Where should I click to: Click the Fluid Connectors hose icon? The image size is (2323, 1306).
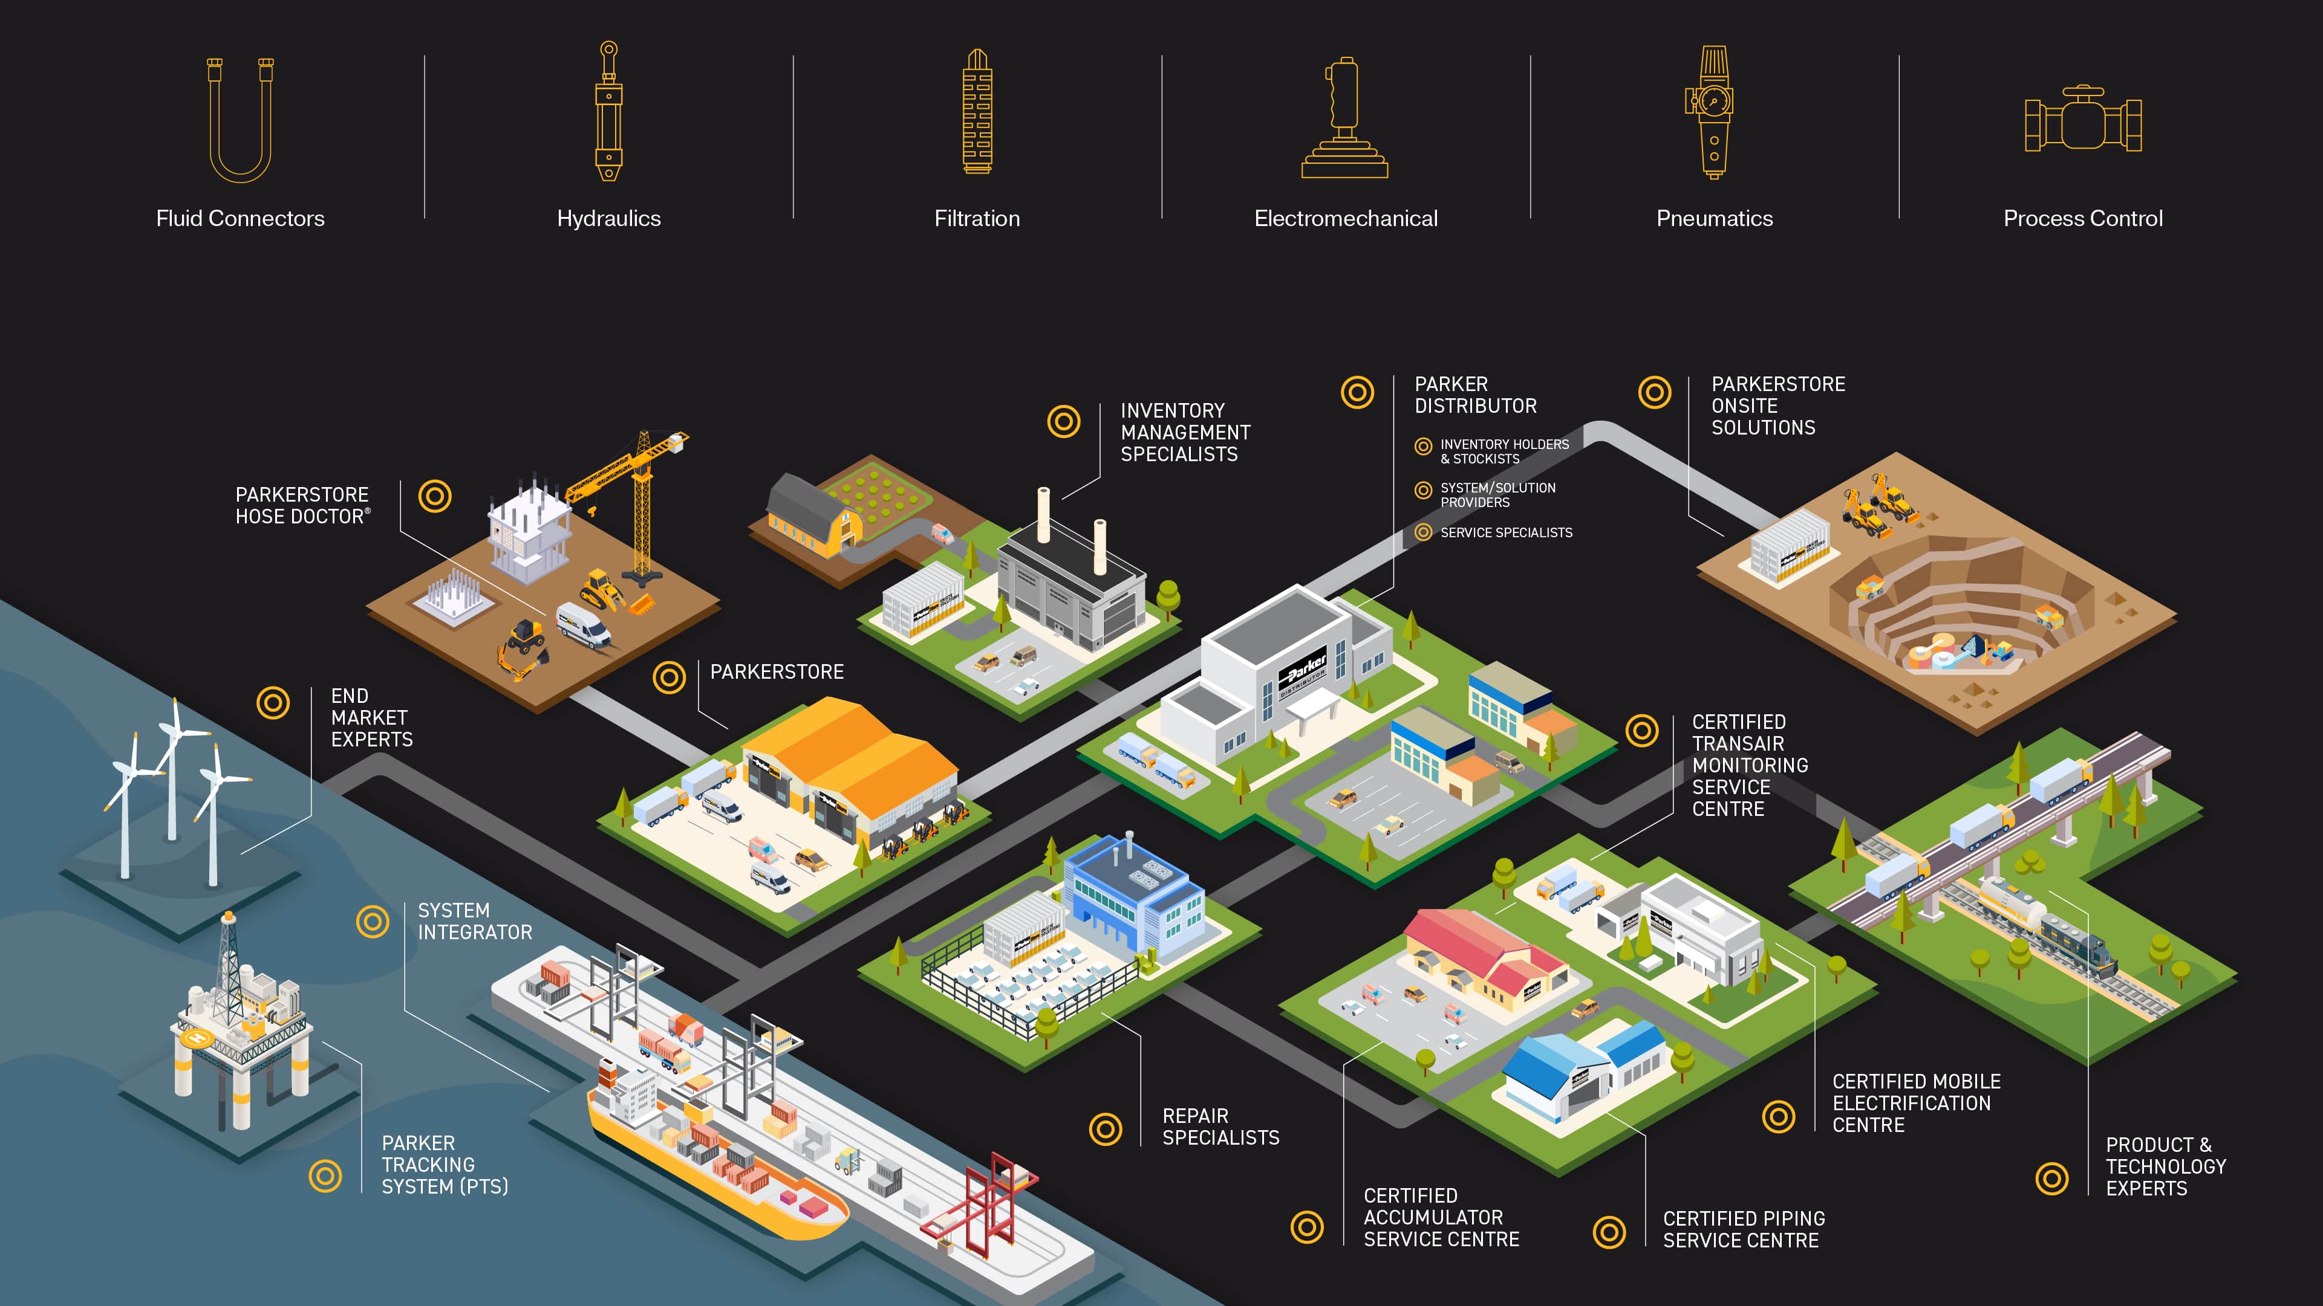point(240,120)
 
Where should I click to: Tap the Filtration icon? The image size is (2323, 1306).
point(977,112)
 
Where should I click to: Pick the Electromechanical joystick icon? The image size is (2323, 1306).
point(1344,118)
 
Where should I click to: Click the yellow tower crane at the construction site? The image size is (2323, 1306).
point(636,496)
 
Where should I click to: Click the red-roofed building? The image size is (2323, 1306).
point(1488,955)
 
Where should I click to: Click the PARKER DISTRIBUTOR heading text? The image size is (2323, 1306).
point(1475,395)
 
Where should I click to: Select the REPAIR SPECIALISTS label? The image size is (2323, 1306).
point(1220,1127)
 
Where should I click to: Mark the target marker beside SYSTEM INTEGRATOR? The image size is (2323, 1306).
point(373,921)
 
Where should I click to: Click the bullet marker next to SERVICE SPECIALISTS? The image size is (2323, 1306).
point(1423,532)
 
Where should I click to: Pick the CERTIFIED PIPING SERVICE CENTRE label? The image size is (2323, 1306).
point(1743,1229)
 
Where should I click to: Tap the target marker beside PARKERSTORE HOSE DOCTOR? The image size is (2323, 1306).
point(435,496)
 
